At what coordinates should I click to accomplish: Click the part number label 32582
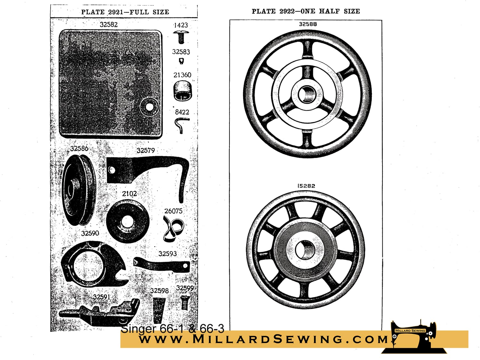(x=109, y=25)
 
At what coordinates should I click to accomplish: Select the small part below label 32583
(x=181, y=61)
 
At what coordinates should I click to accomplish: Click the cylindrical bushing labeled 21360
(x=183, y=91)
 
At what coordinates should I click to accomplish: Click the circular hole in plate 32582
(x=149, y=107)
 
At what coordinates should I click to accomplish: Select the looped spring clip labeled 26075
(x=173, y=228)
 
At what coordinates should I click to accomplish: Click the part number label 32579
(x=146, y=151)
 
